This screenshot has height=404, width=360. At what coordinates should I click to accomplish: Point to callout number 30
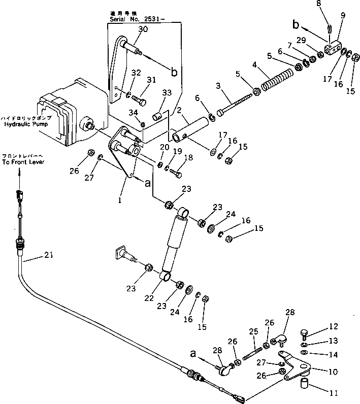tap(143, 29)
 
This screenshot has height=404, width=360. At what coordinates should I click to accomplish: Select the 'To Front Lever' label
tap(23, 162)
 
